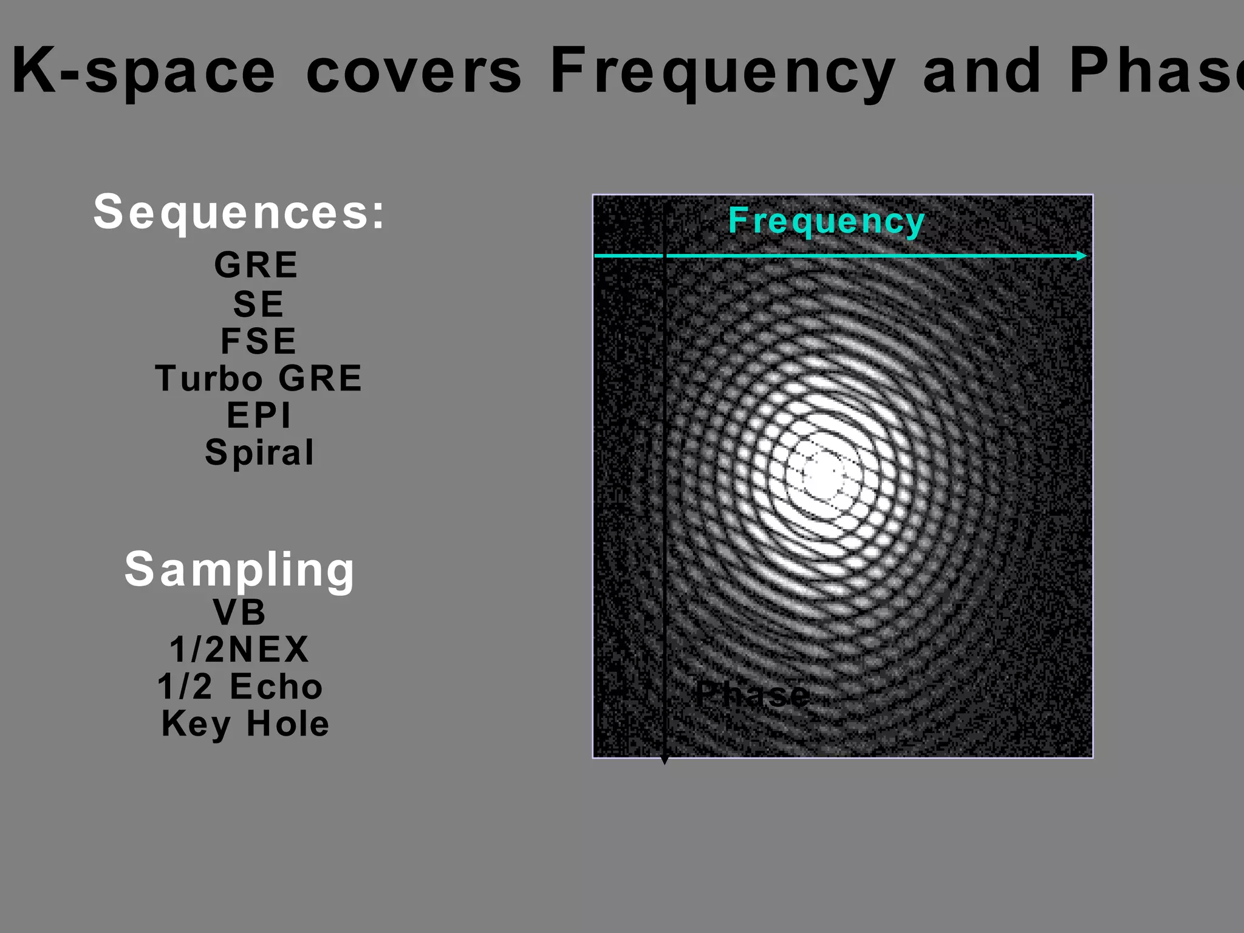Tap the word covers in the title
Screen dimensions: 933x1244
(413, 72)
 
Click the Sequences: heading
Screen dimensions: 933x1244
(239, 213)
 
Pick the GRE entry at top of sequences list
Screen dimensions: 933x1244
(256, 265)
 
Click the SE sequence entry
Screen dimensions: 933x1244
(258, 304)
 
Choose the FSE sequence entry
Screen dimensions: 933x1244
(258, 341)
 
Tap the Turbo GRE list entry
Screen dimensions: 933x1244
(259, 378)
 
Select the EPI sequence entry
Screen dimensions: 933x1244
(259, 415)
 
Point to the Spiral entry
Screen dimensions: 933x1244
(259, 453)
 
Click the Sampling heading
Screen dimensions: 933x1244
(239, 570)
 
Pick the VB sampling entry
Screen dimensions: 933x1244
(239, 612)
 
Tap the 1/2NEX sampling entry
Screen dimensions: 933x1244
(239, 649)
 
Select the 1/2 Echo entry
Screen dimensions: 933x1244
(240, 686)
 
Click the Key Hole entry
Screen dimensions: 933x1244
(245, 724)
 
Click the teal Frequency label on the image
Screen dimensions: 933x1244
(826, 221)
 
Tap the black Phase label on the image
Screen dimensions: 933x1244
(752, 694)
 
